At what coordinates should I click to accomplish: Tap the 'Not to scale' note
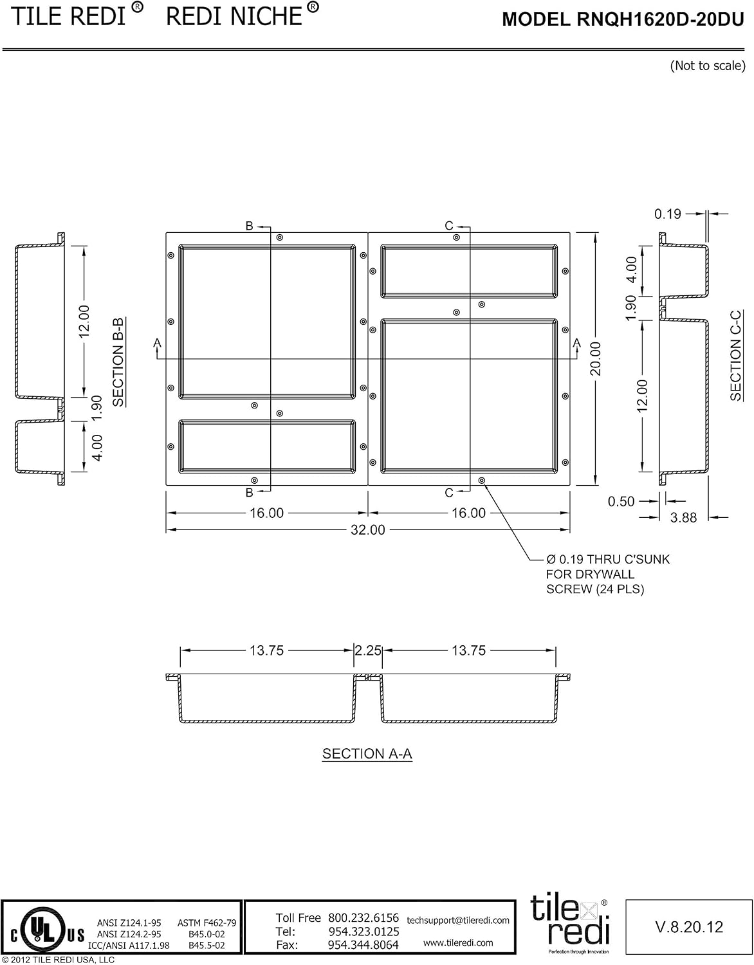tap(708, 66)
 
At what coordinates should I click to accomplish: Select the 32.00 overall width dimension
tap(368, 530)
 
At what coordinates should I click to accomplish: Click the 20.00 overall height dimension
tap(596, 358)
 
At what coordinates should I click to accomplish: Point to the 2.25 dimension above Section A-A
tap(368, 650)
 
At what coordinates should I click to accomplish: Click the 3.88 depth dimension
tap(683, 517)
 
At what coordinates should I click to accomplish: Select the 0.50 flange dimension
tap(621, 501)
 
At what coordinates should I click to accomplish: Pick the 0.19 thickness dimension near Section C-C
tap(667, 214)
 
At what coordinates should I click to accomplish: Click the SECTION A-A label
tap(367, 753)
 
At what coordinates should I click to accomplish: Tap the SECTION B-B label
tap(118, 362)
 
